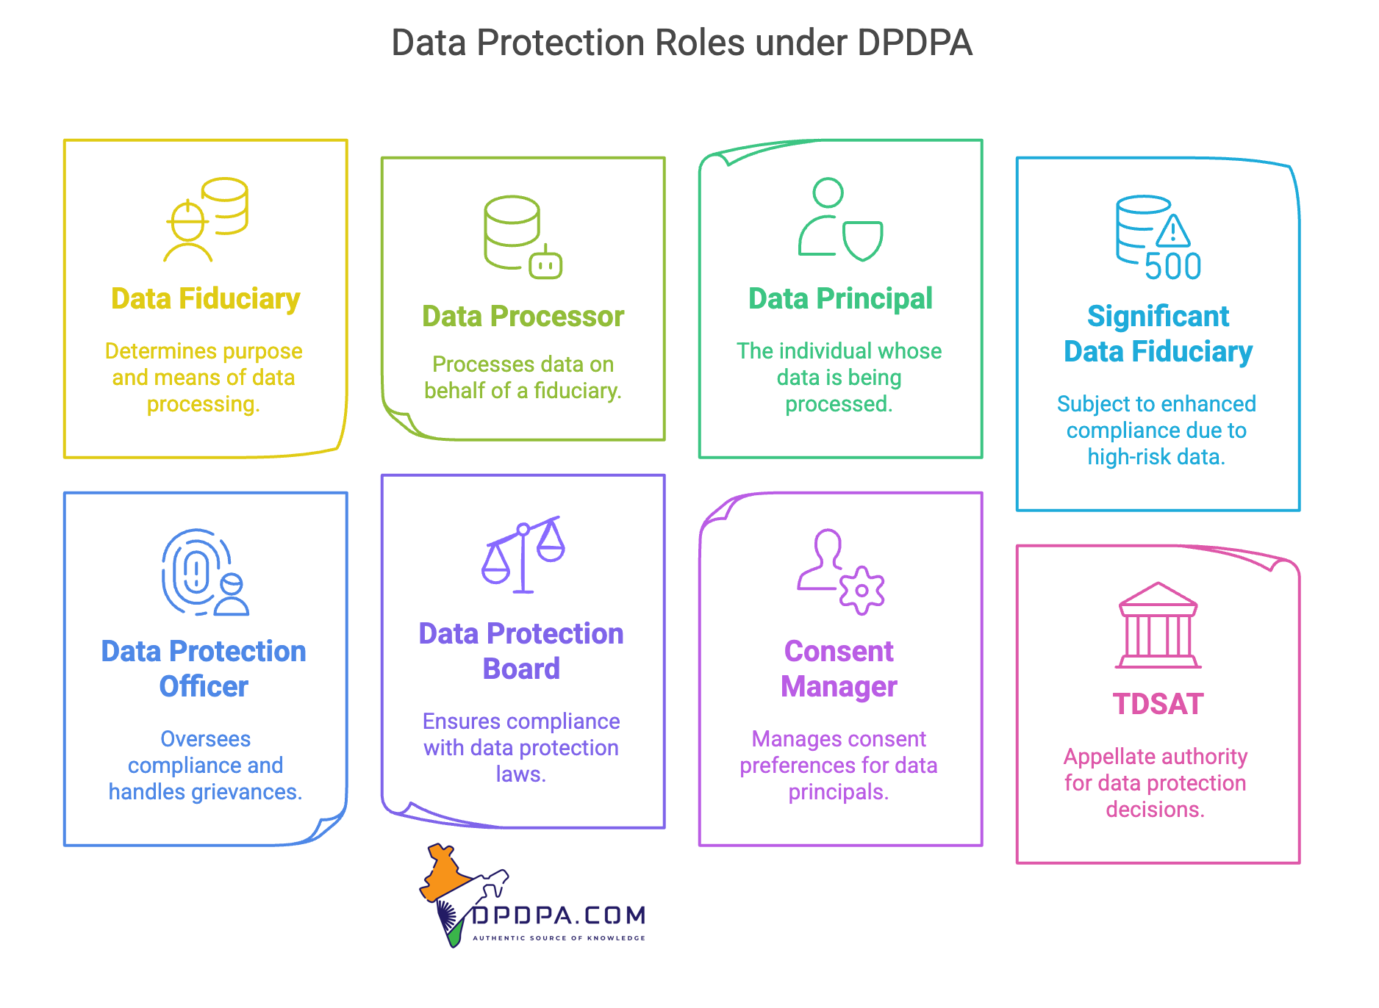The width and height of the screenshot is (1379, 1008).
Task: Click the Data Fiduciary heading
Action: [205, 299]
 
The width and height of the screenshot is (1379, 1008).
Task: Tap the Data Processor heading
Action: [523, 317]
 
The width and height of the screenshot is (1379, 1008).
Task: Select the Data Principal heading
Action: [840, 299]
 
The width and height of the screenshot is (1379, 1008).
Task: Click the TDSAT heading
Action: [1158, 705]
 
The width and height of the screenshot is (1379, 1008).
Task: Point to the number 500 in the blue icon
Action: [1172, 267]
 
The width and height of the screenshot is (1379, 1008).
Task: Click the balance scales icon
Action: [523, 554]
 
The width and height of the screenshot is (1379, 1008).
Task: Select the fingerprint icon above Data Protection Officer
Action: [194, 571]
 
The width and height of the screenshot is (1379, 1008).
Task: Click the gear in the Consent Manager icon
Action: [862, 590]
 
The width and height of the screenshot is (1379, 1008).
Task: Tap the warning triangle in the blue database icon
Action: [1173, 231]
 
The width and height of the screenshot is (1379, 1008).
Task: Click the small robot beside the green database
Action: [545, 264]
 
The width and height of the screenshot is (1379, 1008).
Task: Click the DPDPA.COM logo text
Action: [559, 915]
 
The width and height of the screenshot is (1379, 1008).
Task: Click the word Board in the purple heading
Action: [521, 669]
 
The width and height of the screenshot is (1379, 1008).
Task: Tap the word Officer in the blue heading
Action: [204, 687]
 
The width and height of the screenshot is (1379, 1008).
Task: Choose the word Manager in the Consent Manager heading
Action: [839, 687]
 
